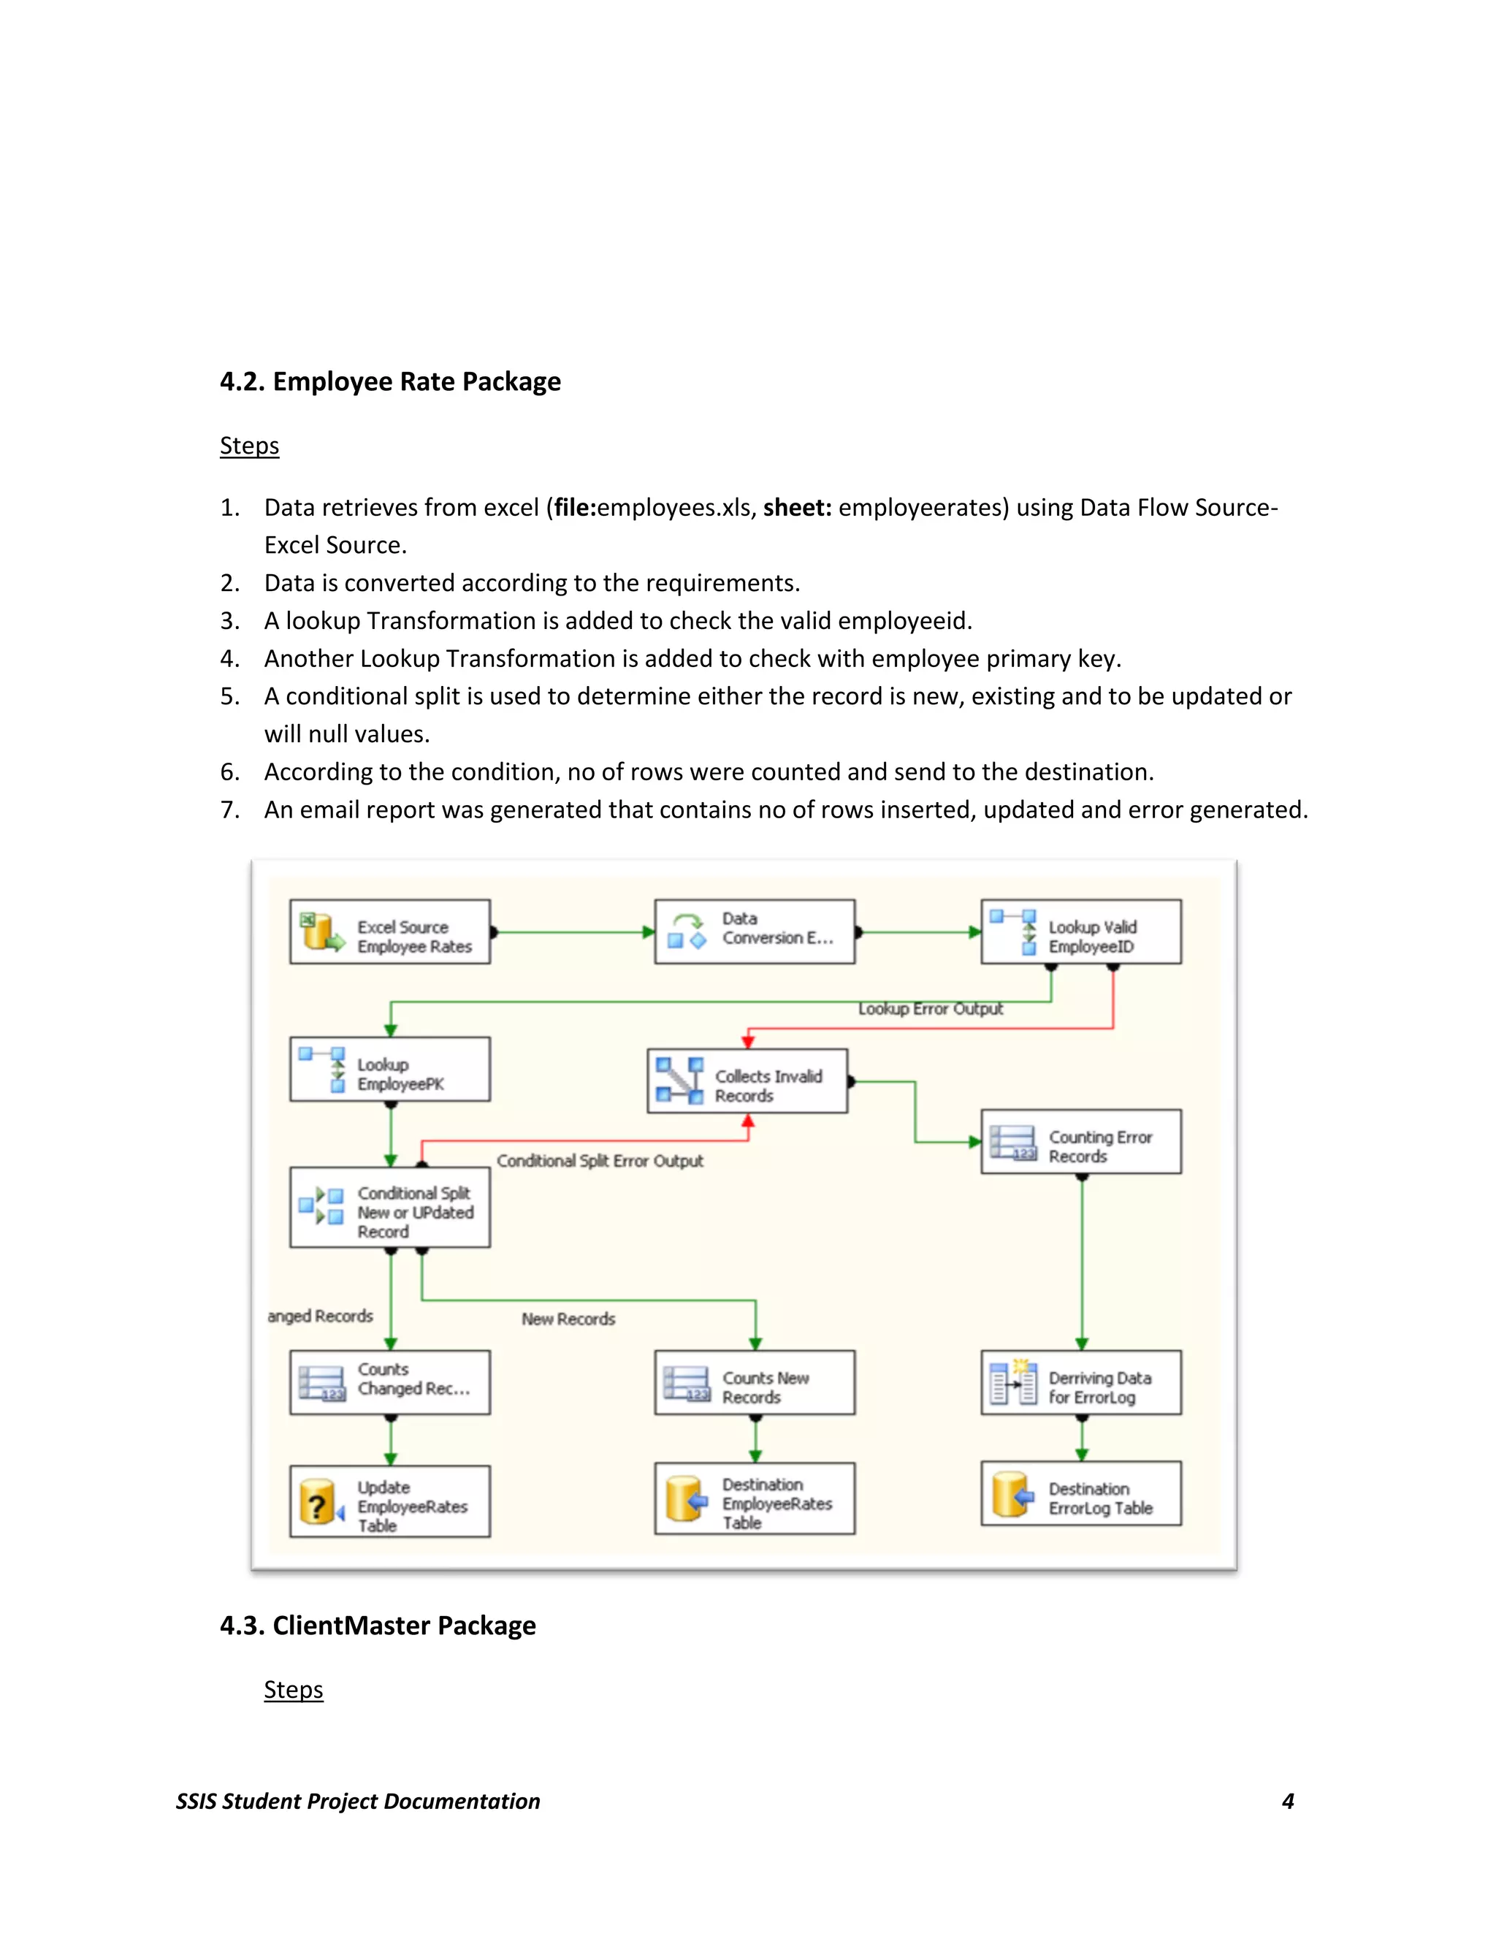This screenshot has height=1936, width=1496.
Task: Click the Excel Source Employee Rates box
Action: pos(390,931)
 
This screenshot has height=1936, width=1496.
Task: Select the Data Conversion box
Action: pos(754,931)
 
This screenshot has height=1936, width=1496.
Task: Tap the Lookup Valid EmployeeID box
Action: pos(1080,931)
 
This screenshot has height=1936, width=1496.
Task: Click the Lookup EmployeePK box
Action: pos(390,1069)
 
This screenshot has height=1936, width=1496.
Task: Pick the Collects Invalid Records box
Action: pos(747,1081)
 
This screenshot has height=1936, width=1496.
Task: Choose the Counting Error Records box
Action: pos(1080,1142)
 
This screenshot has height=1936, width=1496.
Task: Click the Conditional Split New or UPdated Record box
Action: pos(390,1208)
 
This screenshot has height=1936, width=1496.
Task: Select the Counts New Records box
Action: pos(754,1382)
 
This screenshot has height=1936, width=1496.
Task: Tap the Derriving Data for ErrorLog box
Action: pos(1080,1382)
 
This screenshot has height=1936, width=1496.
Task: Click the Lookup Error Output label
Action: pos(930,1009)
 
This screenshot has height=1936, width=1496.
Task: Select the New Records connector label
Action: pos(568,1319)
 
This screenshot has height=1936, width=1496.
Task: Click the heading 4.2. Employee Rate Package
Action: pos(390,381)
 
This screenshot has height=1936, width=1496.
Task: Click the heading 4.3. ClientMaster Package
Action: pos(378,1625)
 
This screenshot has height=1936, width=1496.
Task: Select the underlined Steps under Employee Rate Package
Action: pos(249,445)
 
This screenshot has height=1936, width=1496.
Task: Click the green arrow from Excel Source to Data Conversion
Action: pos(573,931)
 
